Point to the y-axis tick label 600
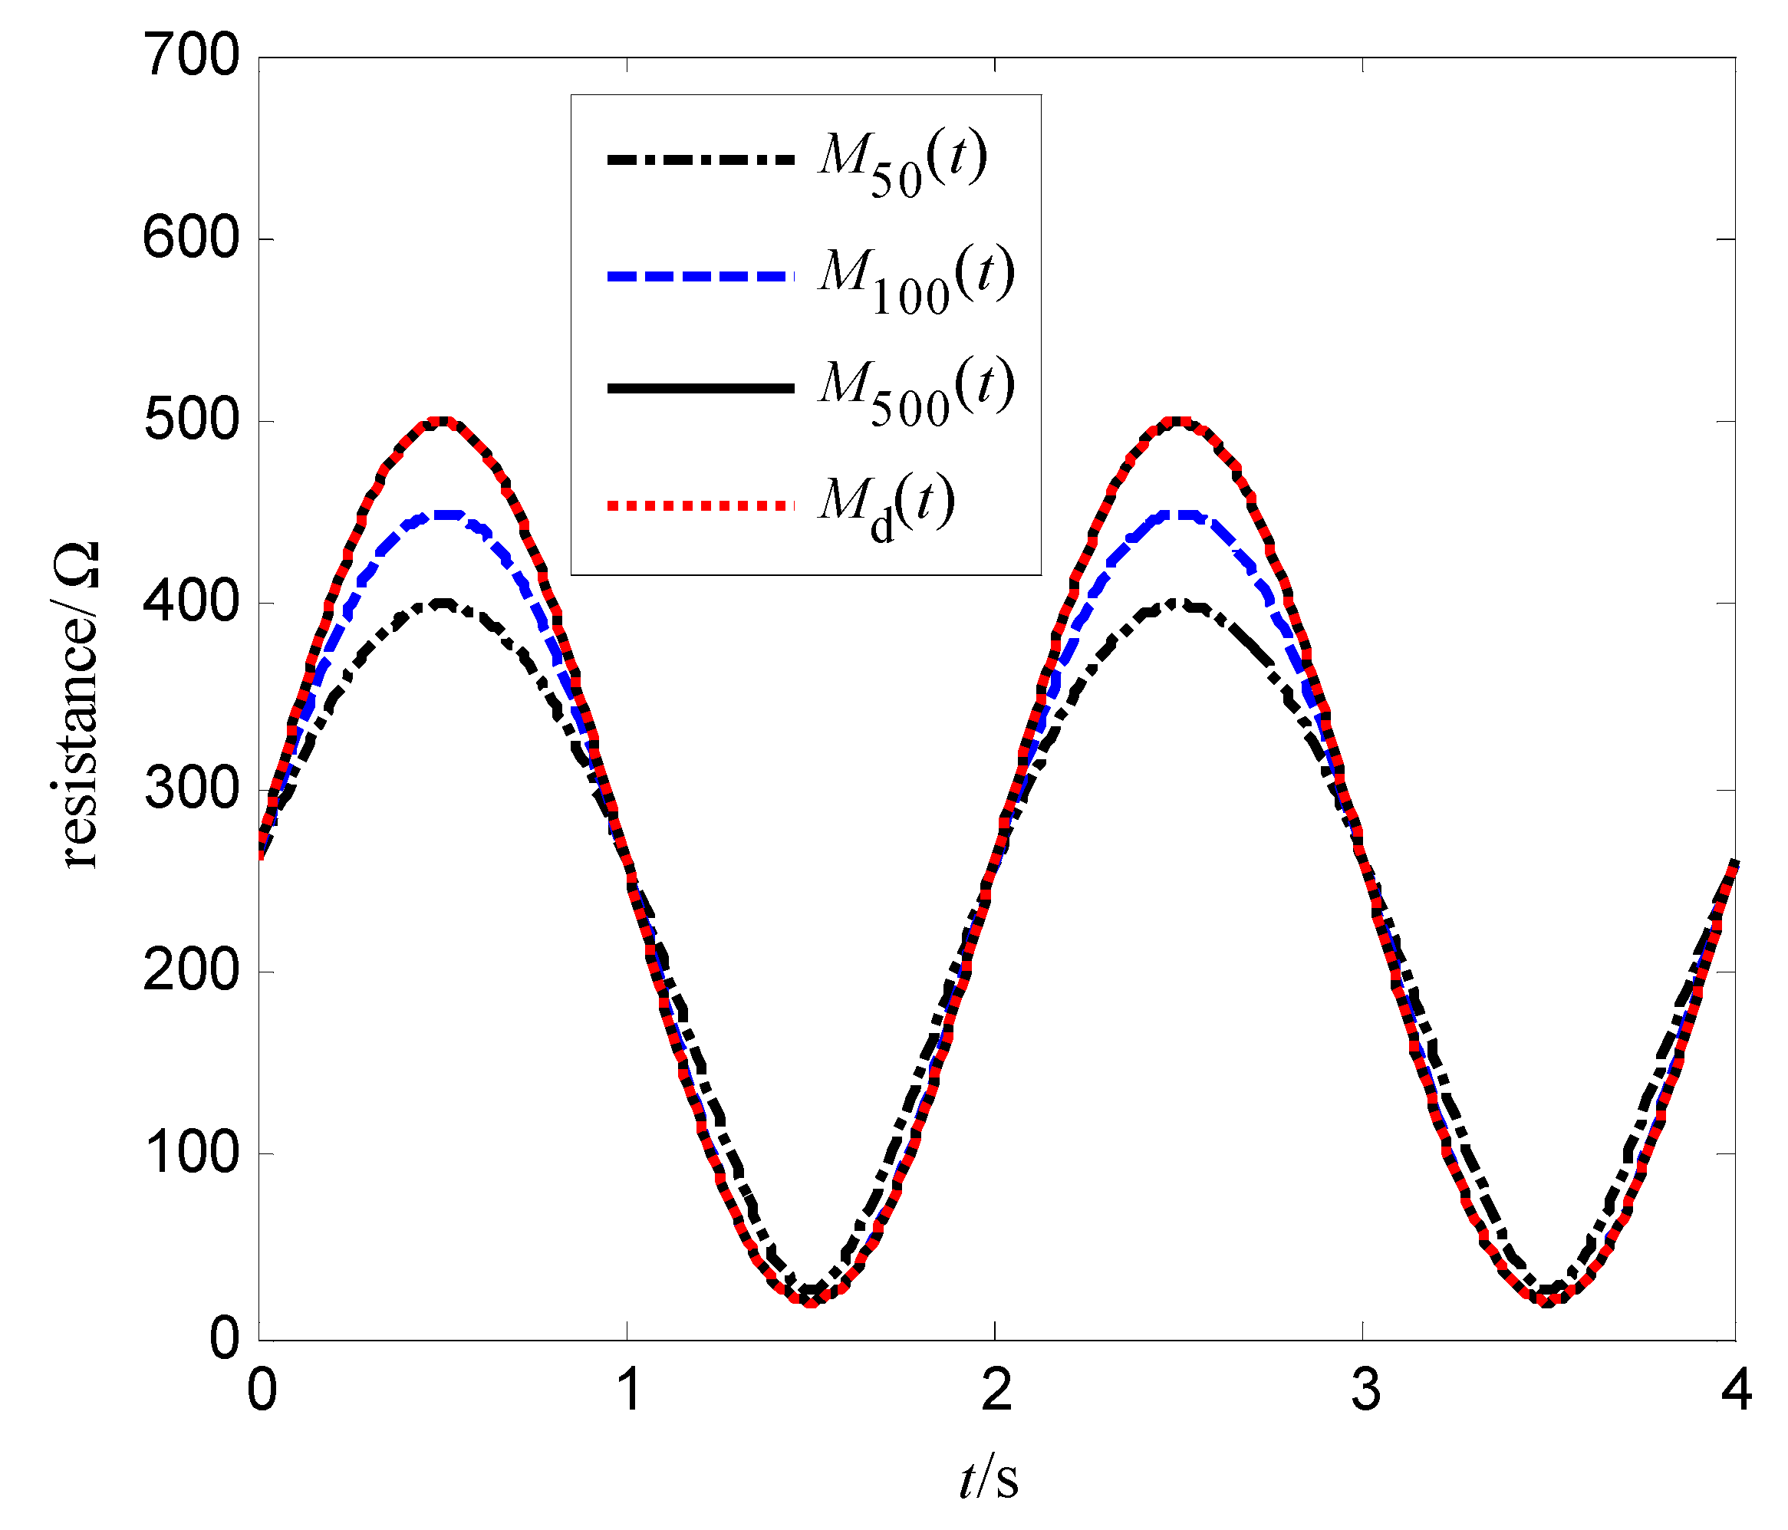(x=191, y=239)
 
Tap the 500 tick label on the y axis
(x=191, y=421)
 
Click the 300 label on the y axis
(x=191, y=788)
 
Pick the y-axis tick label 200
(x=191, y=971)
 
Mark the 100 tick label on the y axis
(x=191, y=1153)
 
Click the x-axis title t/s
(x=988, y=1478)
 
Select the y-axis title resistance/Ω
(x=76, y=703)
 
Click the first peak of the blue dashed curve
(x=443, y=515)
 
